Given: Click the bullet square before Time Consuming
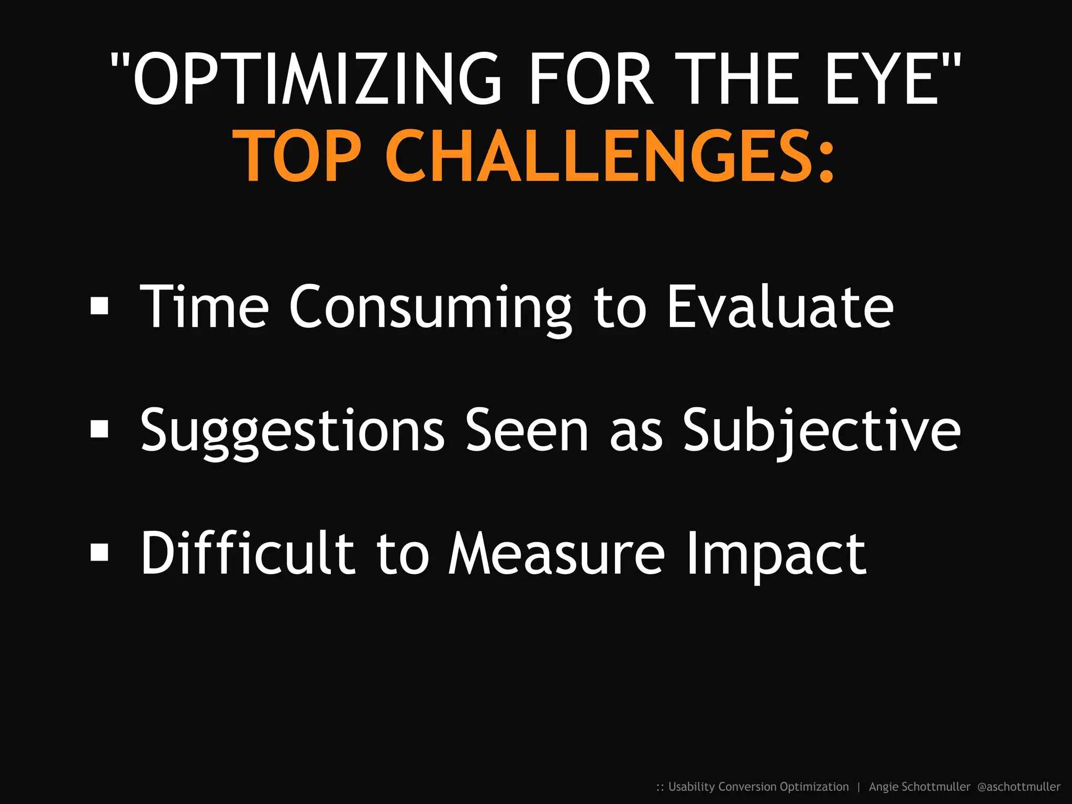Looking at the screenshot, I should pyautogui.click(x=99, y=306).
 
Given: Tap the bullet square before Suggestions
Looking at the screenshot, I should pyautogui.click(x=99, y=429).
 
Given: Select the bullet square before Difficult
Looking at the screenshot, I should pyautogui.click(x=99, y=552).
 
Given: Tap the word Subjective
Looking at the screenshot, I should pyautogui.click(x=822, y=431).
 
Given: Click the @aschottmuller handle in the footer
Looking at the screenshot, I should pyautogui.click(x=1019, y=787).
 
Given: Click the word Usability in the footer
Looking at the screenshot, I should pyautogui.click(x=691, y=787).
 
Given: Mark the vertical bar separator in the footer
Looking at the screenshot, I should pyautogui.click(x=858, y=787).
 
